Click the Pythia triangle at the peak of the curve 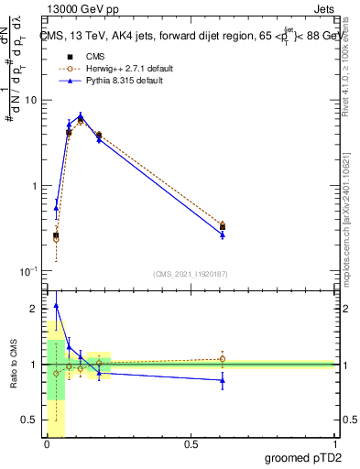point(82,116)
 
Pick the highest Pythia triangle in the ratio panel point(56,306)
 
